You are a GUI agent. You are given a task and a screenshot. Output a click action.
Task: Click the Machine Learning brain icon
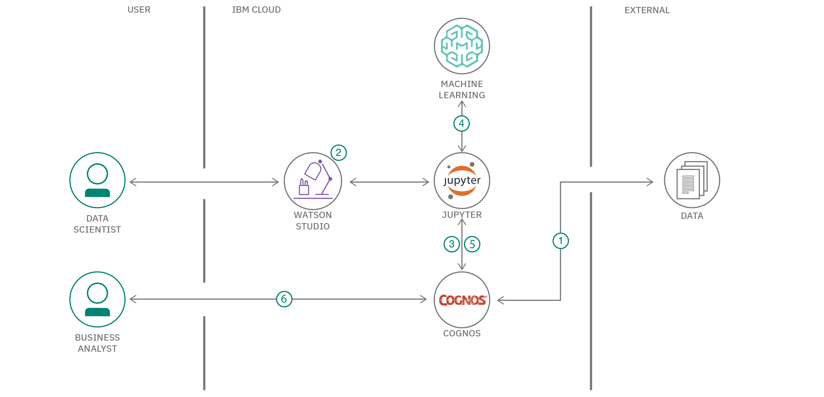(462, 46)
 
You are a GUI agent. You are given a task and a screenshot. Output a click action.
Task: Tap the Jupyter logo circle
(462, 181)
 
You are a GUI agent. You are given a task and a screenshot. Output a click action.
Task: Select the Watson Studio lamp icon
(313, 181)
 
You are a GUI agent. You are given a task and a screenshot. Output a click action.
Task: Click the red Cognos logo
(462, 300)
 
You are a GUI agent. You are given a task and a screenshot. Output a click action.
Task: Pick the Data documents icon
(692, 180)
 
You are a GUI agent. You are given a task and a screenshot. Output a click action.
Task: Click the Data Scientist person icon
(97, 180)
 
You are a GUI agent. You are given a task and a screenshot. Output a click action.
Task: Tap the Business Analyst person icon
(97, 299)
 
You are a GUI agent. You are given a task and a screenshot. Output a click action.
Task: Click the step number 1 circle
(560, 241)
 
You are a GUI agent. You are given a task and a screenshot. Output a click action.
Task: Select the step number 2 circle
(338, 153)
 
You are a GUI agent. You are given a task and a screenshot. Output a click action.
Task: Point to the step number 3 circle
(451, 244)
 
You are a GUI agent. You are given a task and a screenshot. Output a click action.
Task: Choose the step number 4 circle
(461, 124)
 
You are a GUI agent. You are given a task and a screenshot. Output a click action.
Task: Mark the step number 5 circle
(472, 244)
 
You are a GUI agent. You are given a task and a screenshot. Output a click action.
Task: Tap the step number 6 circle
(284, 299)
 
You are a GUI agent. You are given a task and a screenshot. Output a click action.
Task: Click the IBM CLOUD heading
(256, 10)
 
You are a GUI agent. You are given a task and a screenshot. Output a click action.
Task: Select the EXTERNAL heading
(647, 10)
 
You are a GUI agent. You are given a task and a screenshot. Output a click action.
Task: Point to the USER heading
(139, 10)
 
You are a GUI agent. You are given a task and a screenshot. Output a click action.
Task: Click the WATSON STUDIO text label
(312, 220)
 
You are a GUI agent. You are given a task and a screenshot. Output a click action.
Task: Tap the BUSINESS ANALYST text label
(97, 343)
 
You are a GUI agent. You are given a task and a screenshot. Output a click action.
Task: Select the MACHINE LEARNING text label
(462, 90)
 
